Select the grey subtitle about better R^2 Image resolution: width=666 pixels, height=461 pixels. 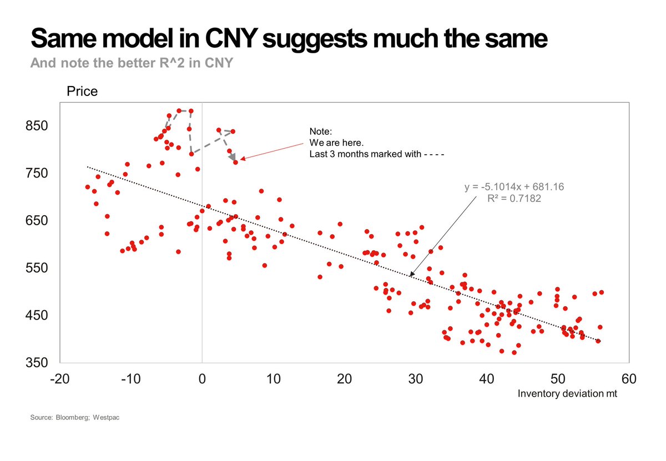tap(132, 63)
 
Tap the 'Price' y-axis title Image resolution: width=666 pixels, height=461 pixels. tap(82, 92)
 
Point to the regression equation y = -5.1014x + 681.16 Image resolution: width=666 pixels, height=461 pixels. tap(514, 188)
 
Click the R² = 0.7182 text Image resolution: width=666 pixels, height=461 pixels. tap(514, 198)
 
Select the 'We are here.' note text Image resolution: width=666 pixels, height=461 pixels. tap(336, 143)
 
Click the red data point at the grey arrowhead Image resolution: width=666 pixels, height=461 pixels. tap(235, 162)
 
